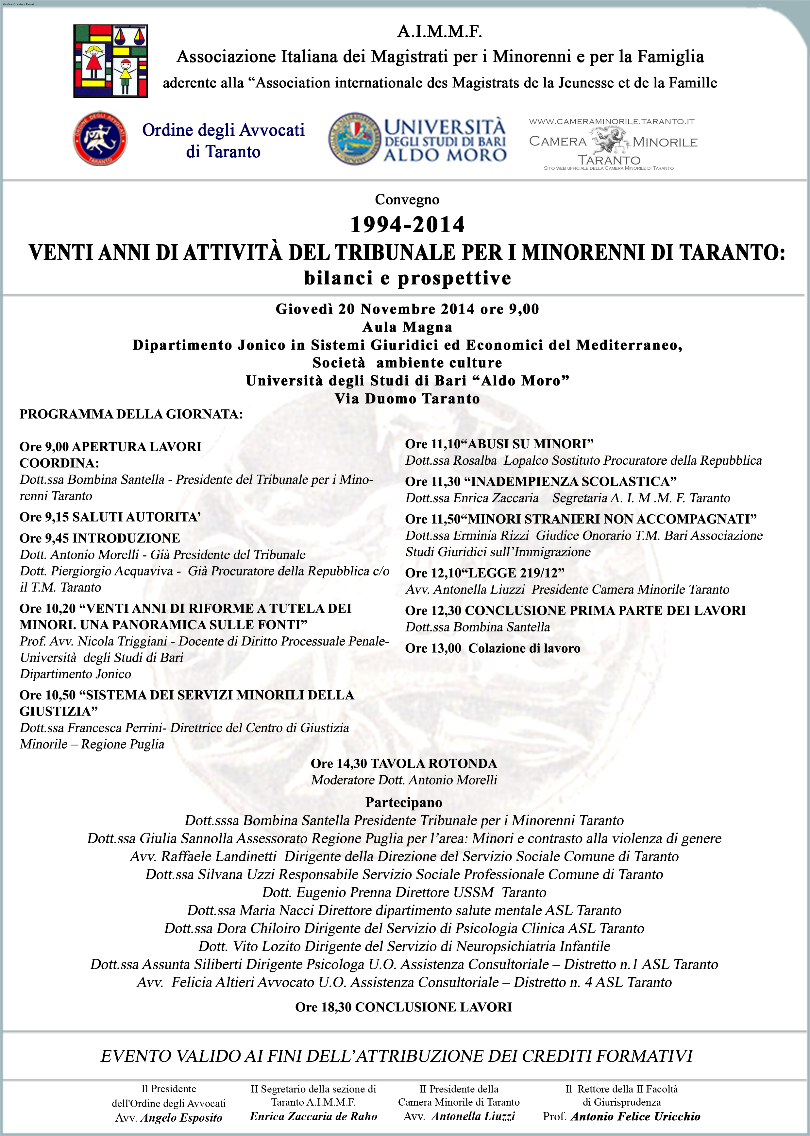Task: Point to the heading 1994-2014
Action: (407, 225)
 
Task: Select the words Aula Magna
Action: (407, 327)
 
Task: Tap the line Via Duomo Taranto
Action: (407, 399)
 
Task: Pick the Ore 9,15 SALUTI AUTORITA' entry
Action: (110, 517)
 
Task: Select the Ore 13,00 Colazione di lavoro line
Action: (493, 648)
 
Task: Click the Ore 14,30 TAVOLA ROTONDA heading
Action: (403, 763)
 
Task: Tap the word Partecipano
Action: (403, 802)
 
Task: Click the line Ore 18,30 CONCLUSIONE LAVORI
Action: (403, 1007)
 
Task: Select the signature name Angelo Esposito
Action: (181, 1118)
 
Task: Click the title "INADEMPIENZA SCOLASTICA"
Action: (574, 481)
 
